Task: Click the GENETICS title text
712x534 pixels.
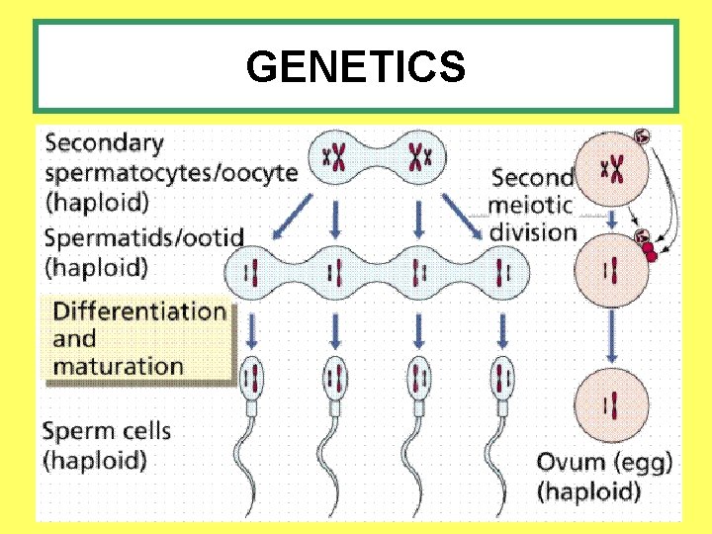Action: [x=356, y=67]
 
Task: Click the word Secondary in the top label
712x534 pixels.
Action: [x=104, y=143]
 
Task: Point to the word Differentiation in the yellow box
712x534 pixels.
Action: [x=139, y=311]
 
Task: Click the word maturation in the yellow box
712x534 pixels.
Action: [x=118, y=365]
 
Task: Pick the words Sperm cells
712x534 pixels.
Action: [x=107, y=431]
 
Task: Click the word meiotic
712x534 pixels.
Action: [x=531, y=206]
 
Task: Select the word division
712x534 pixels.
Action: [x=533, y=233]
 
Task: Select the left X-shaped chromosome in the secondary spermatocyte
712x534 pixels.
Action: [x=338, y=155]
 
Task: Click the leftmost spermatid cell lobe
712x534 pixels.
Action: [x=255, y=270]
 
